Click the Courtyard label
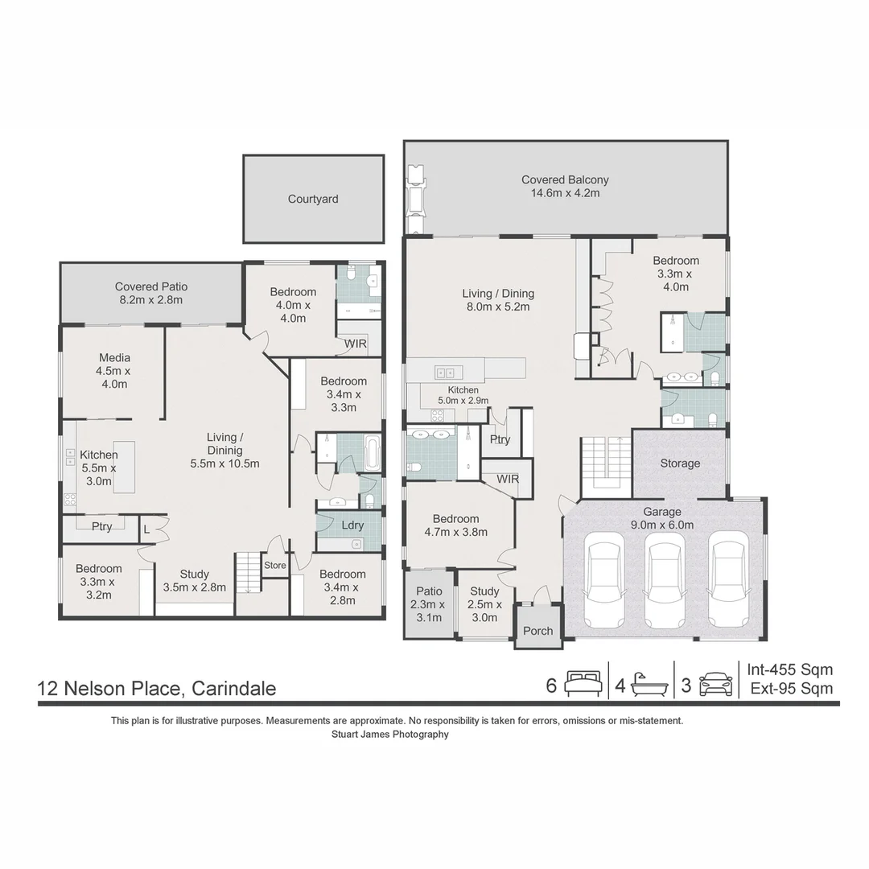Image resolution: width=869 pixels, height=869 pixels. (313, 199)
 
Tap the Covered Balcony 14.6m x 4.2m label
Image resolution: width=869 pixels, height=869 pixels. (565, 187)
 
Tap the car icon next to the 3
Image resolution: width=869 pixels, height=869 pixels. (715, 685)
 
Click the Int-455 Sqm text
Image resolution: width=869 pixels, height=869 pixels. (789, 669)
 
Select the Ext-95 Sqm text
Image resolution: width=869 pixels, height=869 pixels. (791, 689)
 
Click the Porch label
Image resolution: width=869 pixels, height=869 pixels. (537, 631)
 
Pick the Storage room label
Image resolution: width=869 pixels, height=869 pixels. (680, 463)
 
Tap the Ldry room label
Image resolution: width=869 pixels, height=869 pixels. (352, 525)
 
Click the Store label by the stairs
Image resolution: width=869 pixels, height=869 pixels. (275, 566)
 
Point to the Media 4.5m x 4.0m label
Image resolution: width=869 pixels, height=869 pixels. (114, 371)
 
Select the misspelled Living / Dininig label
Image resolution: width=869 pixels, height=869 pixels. (225, 451)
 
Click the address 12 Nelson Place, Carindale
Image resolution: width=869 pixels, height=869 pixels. (157, 689)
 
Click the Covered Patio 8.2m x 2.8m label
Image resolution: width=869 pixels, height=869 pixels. (151, 293)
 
